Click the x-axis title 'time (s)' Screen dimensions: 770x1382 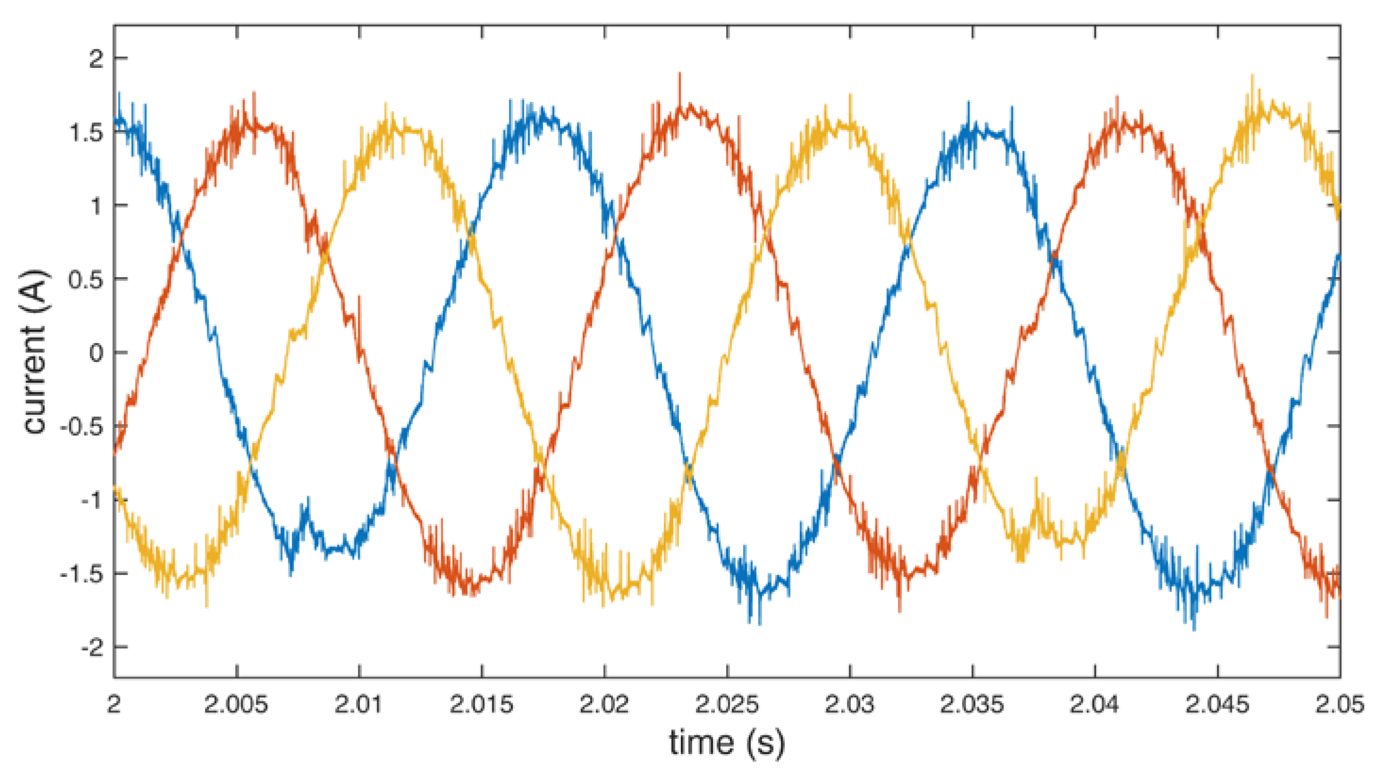click(x=726, y=743)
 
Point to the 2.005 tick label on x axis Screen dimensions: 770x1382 click(x=236, y=704)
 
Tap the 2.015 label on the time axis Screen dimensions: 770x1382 click(x=481, y=704)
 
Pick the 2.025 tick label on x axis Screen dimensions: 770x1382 click(x=727, y=704)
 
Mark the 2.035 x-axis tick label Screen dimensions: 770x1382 click(x=972, y=704)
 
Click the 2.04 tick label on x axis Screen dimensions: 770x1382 click(x=1095, y=704)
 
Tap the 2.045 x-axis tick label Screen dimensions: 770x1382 click(x=1217, y=704)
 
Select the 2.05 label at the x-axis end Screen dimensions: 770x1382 click(x=1339, y=704)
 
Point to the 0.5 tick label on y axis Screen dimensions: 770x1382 click(x=86, y=279)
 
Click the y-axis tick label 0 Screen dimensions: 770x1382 click(x=97, y=353)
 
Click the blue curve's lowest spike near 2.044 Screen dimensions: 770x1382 click(x=1194, y=628)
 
